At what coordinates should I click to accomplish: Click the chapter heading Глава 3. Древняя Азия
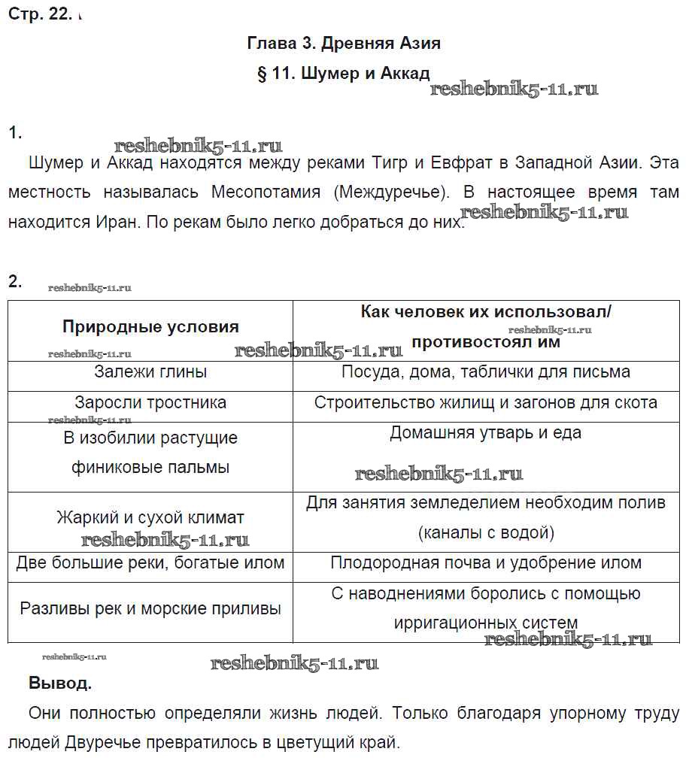tap(344, 44)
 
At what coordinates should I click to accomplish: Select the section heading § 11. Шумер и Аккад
tap(344, 74)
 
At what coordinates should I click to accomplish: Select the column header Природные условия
tap(150, 326)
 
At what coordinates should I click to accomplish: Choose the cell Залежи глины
tap(150, 371)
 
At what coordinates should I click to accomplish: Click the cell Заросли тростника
tap(150, 402)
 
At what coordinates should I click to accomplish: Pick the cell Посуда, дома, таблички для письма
tap(486, 371)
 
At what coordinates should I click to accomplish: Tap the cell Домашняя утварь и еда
tap(486, 433)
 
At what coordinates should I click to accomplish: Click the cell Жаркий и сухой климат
tap(150, 518)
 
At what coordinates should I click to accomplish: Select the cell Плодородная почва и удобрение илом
tap(486, 562)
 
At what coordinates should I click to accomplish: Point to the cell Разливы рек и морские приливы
tap(150, 608)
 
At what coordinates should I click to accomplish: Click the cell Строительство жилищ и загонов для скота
tap(486, 402)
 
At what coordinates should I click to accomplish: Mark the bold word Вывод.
tap(60, 684)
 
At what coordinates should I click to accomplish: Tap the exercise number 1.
tap(15, 133)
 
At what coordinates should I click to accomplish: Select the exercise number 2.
tap(15, 283)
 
